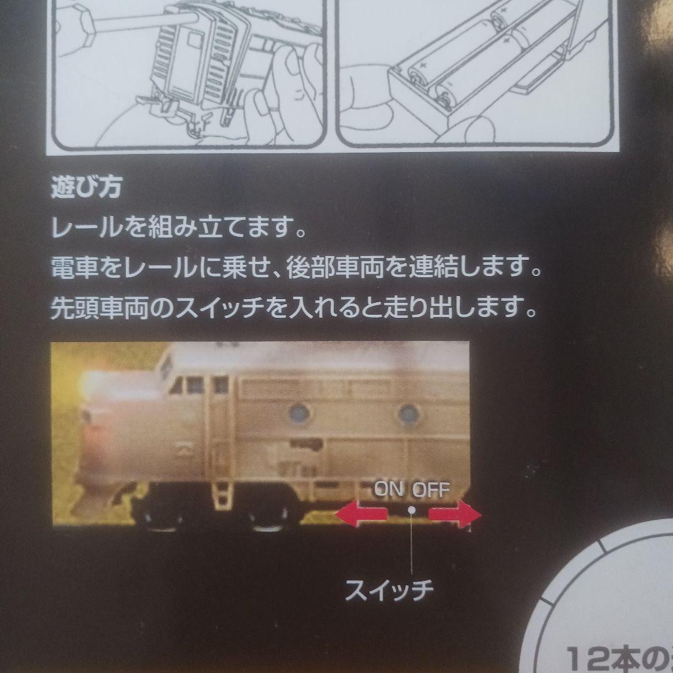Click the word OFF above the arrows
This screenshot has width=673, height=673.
[431, 489]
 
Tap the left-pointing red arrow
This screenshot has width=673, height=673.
[361, 515]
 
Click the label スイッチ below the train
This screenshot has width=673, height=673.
[389, 589]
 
